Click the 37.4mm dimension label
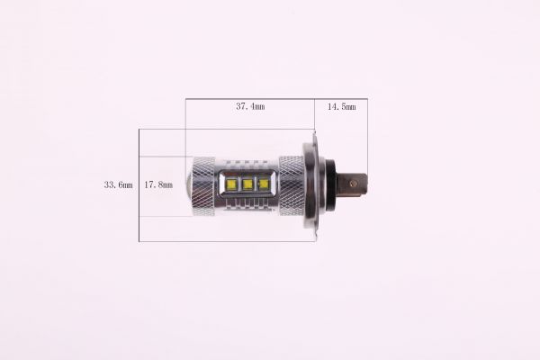(x=250, y=106)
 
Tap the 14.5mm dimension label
(x=341, y=106)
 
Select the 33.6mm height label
(x=118, y=184)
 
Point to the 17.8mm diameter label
(x=158, y=184)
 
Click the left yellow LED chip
(x=231, y=184)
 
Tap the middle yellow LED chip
(x=247, y=184)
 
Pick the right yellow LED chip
(x=263, y=184)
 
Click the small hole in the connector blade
(x=352, y=184)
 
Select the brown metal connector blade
(x=354, y=184)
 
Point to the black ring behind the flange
(x=330, y=184)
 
